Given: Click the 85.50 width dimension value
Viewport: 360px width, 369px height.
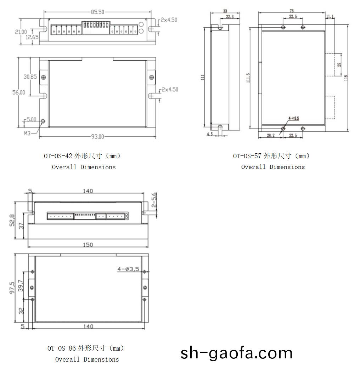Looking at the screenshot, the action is pos(97,12).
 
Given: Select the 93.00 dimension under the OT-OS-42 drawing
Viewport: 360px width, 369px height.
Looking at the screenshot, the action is pos(97,137).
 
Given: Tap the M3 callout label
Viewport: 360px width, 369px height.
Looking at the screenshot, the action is pos(27,134).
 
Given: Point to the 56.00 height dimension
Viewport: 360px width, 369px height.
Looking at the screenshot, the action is pos(19,92).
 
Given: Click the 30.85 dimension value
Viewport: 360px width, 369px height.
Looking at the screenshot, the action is pos(30,77).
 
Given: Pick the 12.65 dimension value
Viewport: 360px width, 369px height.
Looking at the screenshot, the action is pos(32,37).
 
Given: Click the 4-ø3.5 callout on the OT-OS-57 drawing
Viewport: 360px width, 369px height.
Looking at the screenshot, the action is pos(294,118).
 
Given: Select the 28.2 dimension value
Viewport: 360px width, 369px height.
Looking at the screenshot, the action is pos(271,135).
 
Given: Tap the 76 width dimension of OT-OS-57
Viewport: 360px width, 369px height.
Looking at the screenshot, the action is pos(292,11).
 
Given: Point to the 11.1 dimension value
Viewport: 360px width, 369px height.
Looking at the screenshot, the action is pos(330,17).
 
